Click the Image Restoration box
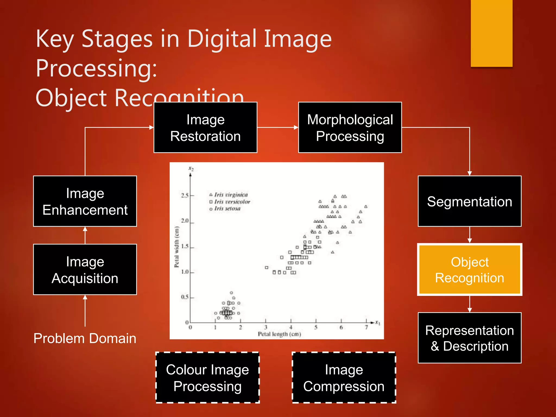tap(205, 128)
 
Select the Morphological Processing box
tap(350, 128)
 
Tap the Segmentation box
tap(469, 201)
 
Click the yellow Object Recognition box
tap(469, 270)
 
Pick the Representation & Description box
tap(469, 338)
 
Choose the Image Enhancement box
tap(85, 201)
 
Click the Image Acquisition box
tap(85, 270)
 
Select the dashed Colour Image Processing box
tap(207, 378)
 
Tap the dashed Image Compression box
tap(344, 378)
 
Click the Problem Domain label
tap(85, 339)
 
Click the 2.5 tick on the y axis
tap(185, 195)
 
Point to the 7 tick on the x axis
tap(366, 327)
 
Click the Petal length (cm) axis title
tap(279, 334)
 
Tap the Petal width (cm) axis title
tap(177, 247)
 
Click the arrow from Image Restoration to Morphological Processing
tap(277, 127)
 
